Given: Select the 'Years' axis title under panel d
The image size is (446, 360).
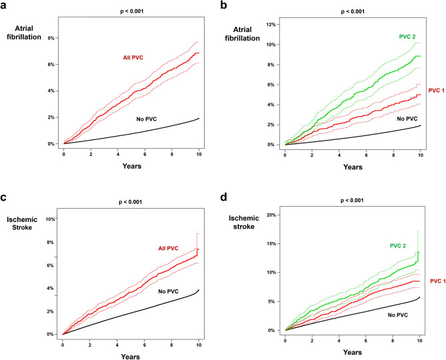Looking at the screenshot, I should [352, 353].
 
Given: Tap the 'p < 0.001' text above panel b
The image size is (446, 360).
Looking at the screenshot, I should [351, 11].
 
